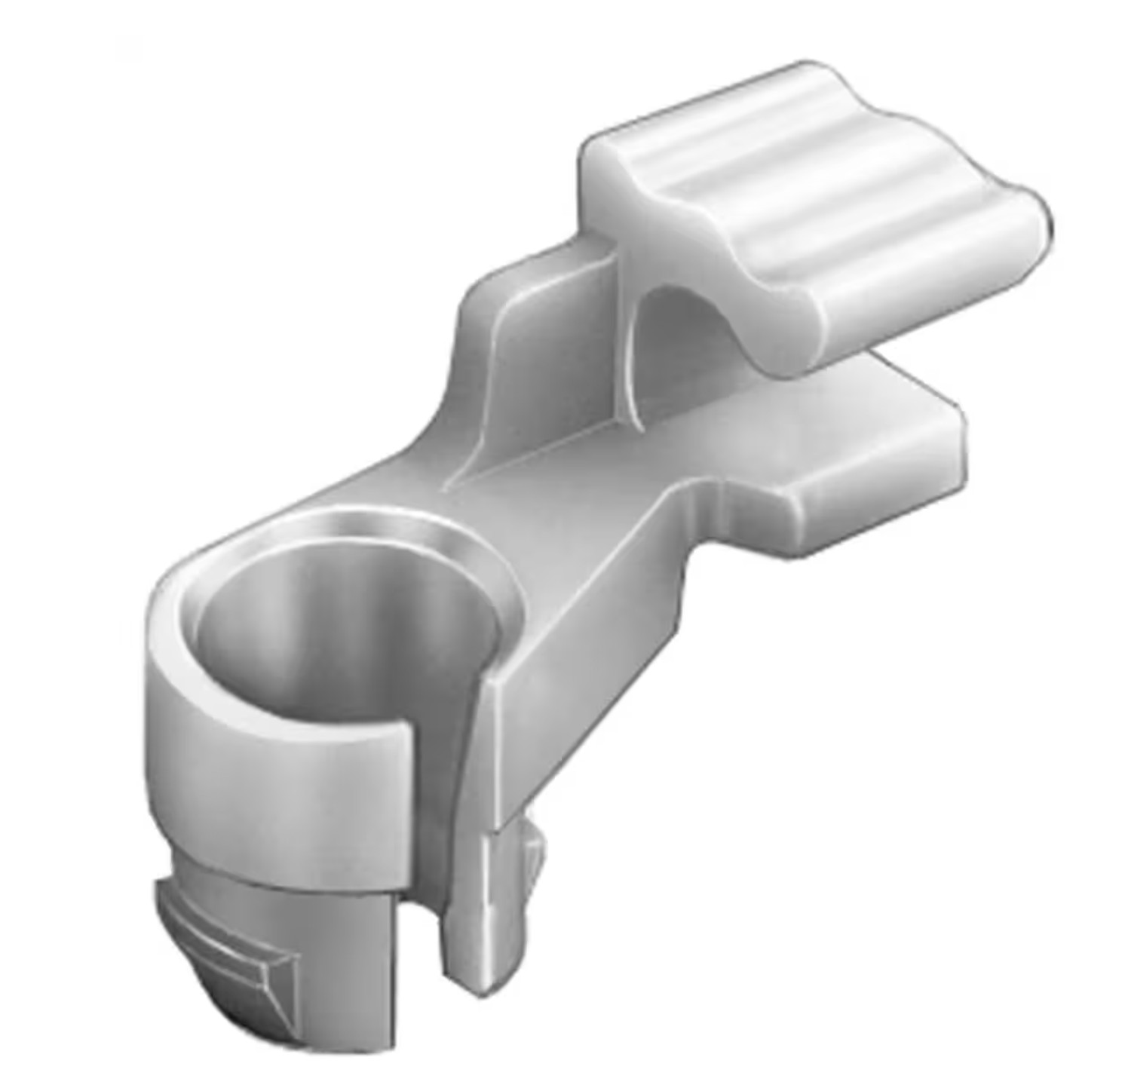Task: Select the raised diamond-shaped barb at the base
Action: pyautogui.click(x=226, y=950)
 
